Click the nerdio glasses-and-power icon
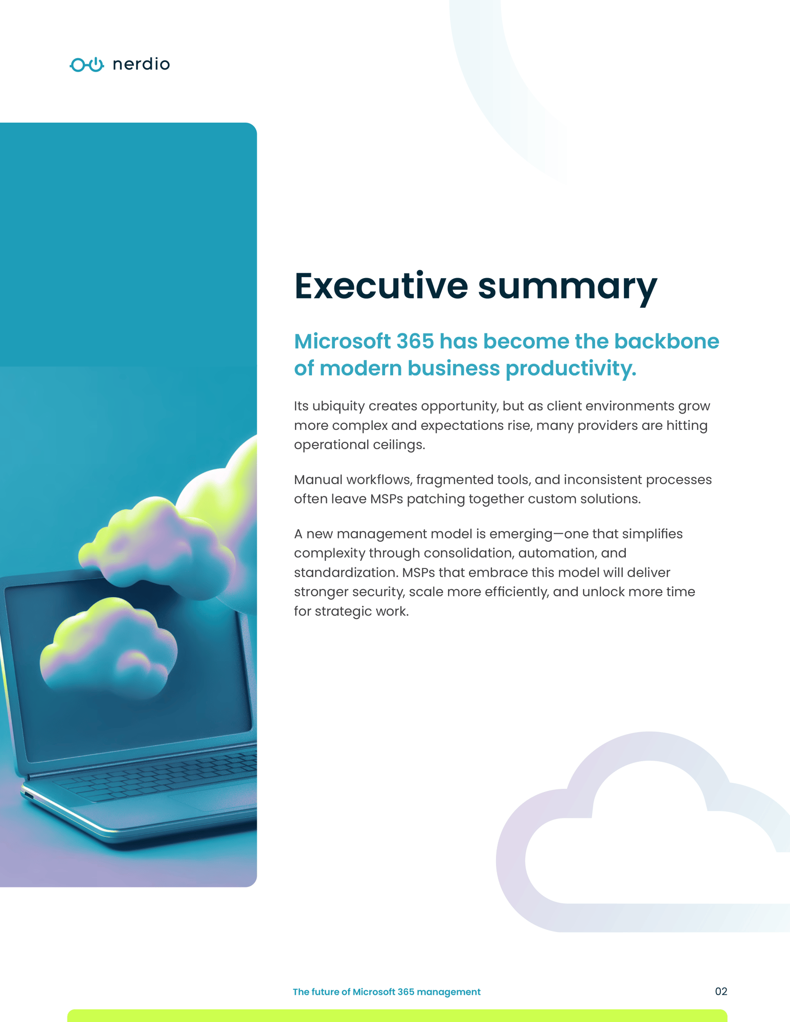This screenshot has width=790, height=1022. (87, 64)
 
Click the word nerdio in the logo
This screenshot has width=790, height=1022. (141, 64)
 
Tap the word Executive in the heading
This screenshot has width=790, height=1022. (381, 286)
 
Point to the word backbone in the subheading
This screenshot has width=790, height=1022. (667, 342)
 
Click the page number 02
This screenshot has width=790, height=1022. (721, 992)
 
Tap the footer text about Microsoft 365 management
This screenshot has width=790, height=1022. (387, 992)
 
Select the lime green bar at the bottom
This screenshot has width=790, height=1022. (397, 1016)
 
